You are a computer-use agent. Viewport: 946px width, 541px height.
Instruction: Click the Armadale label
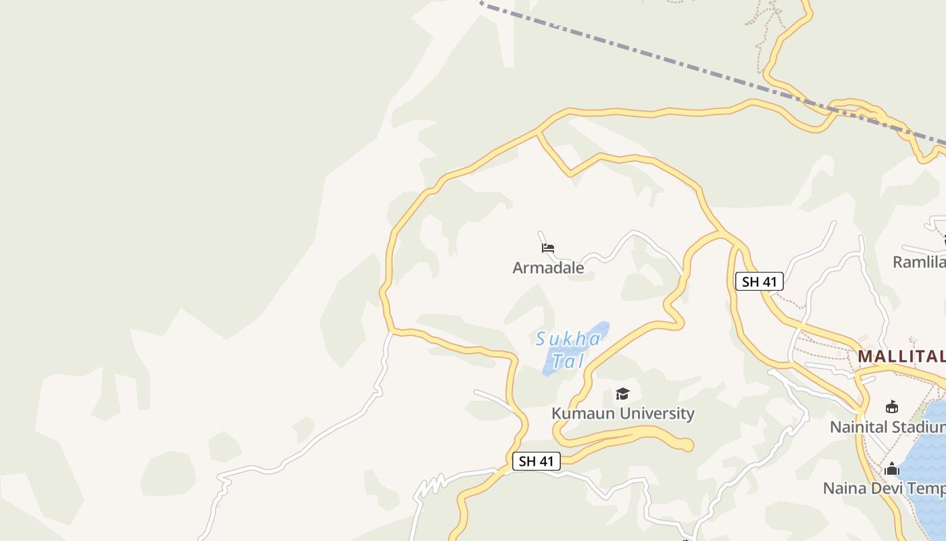(x=548, y=268)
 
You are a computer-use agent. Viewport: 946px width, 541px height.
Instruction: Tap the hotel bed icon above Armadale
(x=548, y=248)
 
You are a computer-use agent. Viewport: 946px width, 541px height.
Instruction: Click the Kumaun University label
(x=622, y=413)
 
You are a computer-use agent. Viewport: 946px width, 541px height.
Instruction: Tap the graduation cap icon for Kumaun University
(x=622, y=394)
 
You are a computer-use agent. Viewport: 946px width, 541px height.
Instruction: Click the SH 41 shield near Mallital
(x=759, y=281)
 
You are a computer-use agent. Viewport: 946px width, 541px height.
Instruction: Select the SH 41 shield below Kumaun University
(x=537, y=461)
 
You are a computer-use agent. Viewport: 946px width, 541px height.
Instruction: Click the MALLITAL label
(x=901, y=356)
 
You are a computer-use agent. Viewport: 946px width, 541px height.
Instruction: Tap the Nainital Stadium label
(x=887, y=427)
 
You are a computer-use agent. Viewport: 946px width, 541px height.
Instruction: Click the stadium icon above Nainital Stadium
(x=892, y=407)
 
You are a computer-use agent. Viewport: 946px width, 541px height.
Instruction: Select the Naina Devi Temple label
(x=884, y=488)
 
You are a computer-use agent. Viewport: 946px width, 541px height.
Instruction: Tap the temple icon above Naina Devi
(x=892, y=469)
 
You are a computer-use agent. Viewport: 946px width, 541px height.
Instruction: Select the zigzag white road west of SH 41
(x=430, y=488)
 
